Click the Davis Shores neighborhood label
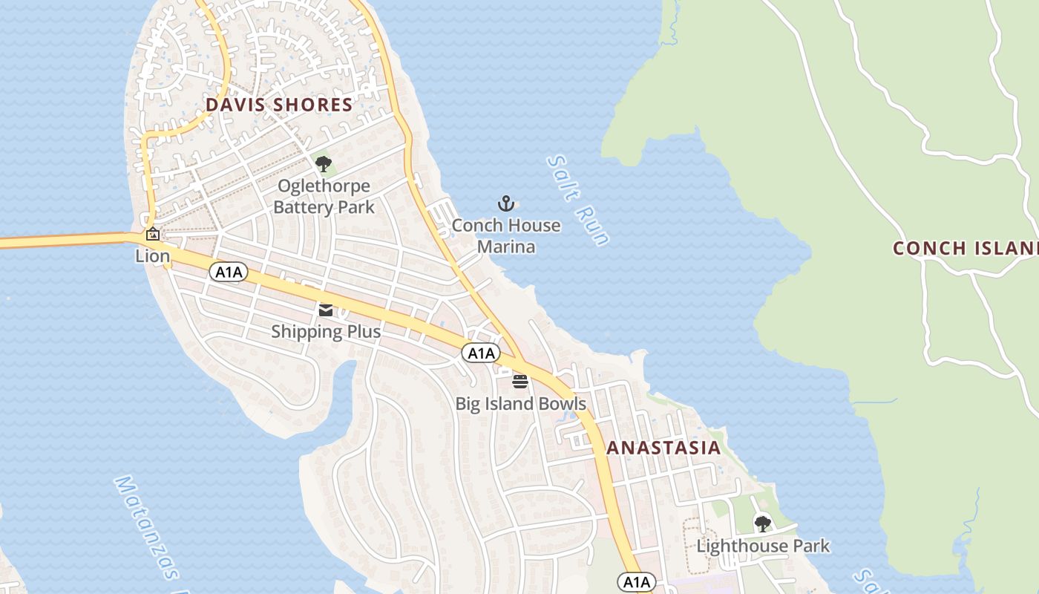pyautogui.click(x=279, y=105)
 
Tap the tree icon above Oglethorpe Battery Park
pyautogui.click(x=323, y=163)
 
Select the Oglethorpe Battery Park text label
pyautogui.click(x=324, y=197)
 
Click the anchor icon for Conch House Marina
pyautogui.click(x=506, y=203)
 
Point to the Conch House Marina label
pyautogui.click(x=506, y=235)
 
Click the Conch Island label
pyautogui.click(x=965, y=248)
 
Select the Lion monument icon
pyautogui.click(x=152, y=234)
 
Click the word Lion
pyautogui.click(x=152, y=256)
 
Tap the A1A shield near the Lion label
pyautogui.click(x=229, y=272)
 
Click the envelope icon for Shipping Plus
pyautogui.click(x=326, y=310)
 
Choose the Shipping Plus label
pyautogui.click(x=326, y=331)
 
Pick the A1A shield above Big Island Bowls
pyautogui.click(x=481, y=353)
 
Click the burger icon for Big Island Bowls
pyautogui.click(x=520, y=382)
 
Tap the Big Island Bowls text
pyautogui.click(x=520, y=404)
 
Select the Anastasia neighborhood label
pyautogui.click(x=663, y=448)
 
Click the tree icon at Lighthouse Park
pyautogui.click(x=762, y=523)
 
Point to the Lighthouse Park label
pyautogui.click(x=762, y=546)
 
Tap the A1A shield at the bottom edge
pyautogui.click(x=637, y=582)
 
